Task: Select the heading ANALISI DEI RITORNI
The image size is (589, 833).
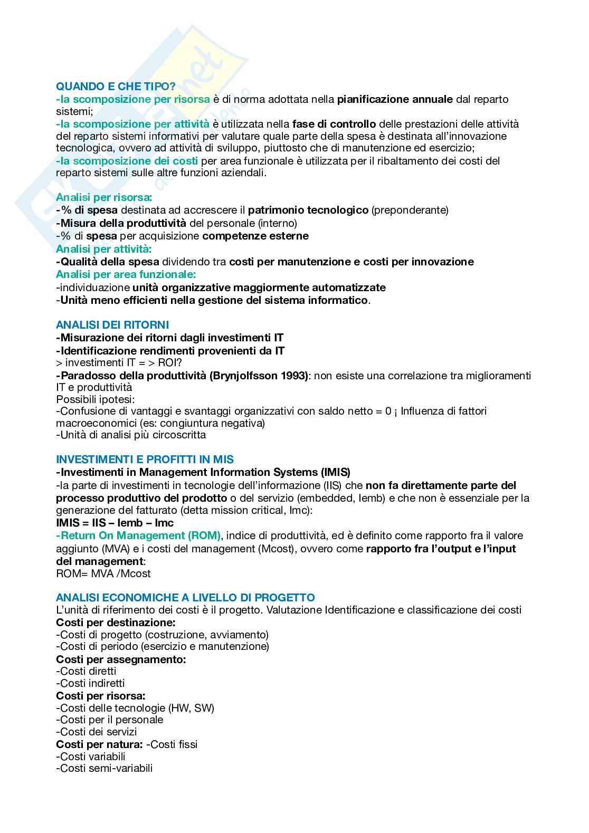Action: pyautogui.click(x=112, y=325)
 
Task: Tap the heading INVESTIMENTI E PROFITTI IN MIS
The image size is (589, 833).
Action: pyautogui.click(x=145, y=459)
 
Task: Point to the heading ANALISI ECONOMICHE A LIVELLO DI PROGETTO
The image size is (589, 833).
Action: pyautogui.click(x=185, y=598)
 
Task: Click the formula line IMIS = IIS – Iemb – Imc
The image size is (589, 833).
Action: pyautogui.click(x=115, y=523)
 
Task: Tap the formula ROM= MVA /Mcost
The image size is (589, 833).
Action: pyautogui.click(x=103, y=573)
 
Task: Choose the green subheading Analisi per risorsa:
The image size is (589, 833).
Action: pyautogui.click(x=104, y=198)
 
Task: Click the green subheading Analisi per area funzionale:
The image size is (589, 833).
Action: pyautogui.click(x=126, y=274)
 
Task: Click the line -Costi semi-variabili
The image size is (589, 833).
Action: pyautogui.click(x=104, y=769)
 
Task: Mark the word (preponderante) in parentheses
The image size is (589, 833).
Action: pyautogui.click(x=410, y=210)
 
